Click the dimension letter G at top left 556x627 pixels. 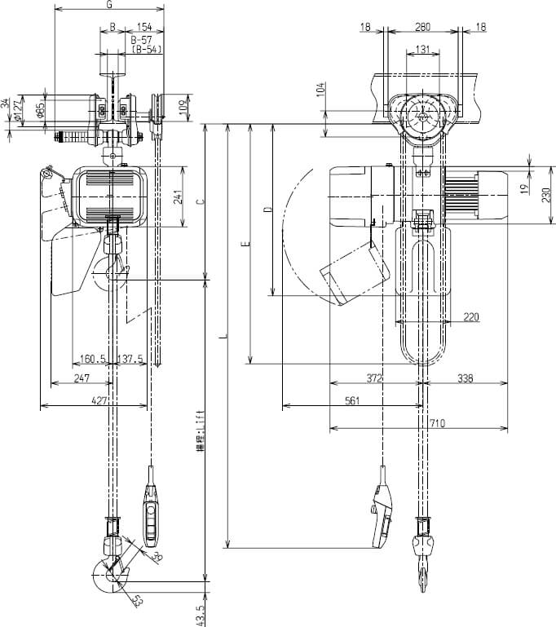click(x=109, y=5)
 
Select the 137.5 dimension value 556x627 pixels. click(x=130, y=359)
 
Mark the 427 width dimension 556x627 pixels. click(x=99, y=400)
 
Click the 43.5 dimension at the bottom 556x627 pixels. click(x=201, y=611)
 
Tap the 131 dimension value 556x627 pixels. click(x=422, y=49)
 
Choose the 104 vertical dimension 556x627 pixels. click(x=320, y=91)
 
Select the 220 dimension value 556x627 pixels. click(x=471, y=318)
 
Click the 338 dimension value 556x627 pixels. click(x=466, y=379)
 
